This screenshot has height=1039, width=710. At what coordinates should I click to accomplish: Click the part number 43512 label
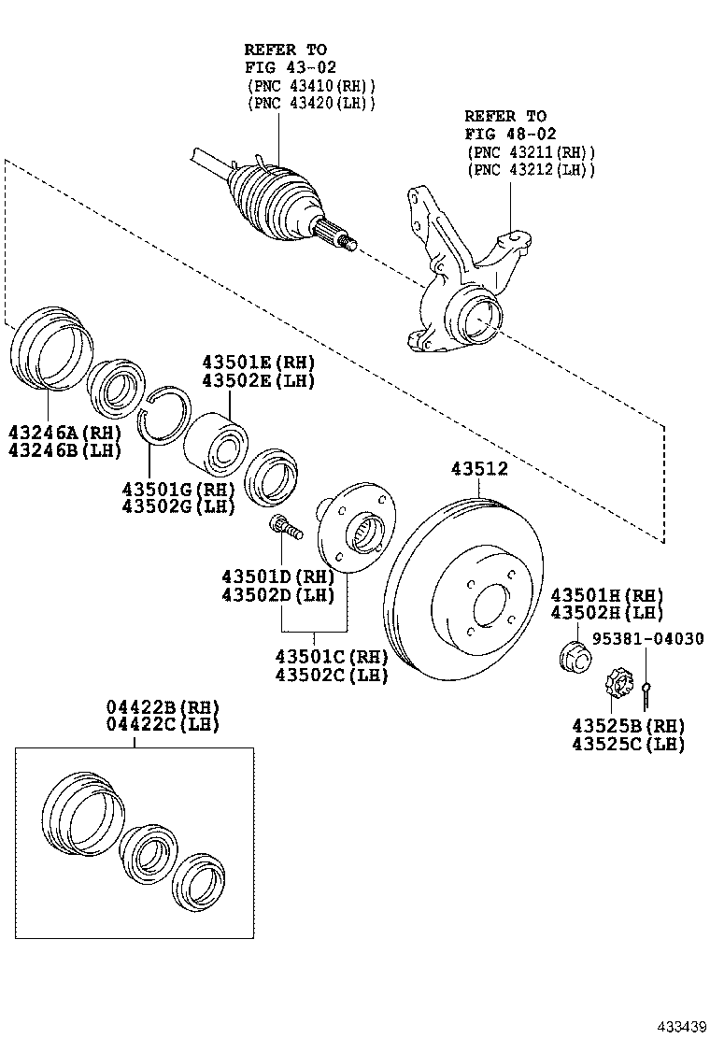479,470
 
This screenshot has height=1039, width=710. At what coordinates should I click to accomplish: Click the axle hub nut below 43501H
575,658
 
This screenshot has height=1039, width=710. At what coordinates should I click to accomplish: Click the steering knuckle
462,280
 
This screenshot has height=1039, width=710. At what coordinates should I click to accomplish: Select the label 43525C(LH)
629,745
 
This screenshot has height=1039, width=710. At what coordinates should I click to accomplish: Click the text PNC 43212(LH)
530,169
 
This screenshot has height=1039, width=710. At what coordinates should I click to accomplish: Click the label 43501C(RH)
331,657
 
